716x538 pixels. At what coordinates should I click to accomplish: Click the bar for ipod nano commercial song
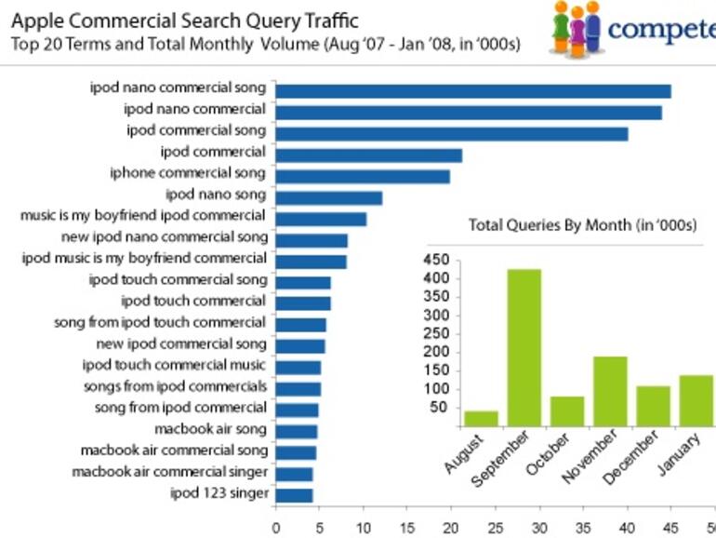tap(473, 90)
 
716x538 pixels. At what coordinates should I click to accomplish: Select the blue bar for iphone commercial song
tap(363, 176)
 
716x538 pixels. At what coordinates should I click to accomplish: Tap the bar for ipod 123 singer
tap(294, 494)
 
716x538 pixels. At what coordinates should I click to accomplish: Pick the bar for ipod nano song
tap(329, 197)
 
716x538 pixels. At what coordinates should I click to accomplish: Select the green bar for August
tap(481, 418)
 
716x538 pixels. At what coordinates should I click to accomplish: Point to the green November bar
tap(610, 391)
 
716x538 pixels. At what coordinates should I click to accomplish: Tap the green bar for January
tap(696, 400)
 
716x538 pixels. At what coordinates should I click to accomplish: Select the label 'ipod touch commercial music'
tap(174, 365)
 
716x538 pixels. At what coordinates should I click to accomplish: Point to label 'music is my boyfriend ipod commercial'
tap(143, 215)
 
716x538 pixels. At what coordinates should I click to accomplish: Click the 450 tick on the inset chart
tap(437, 260)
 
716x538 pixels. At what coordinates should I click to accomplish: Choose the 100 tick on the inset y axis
tap(437, 389)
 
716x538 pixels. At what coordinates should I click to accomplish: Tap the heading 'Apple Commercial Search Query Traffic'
tap(184, 20)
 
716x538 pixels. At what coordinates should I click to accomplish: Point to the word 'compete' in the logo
tap(661, 29)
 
